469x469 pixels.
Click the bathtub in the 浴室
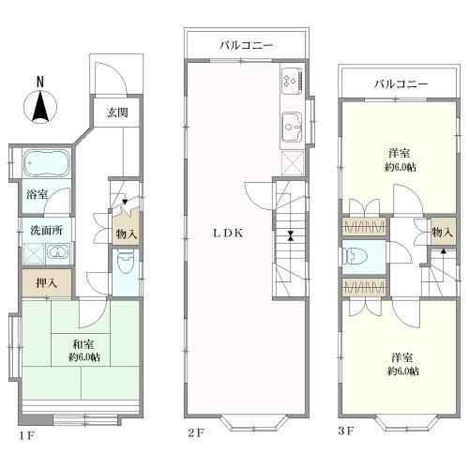click(39, 165)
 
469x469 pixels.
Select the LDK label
click(228, 234)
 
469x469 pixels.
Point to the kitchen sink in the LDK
click(290, 122)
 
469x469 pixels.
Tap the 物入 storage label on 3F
click(442, 232)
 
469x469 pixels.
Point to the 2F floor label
click(195, 432)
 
